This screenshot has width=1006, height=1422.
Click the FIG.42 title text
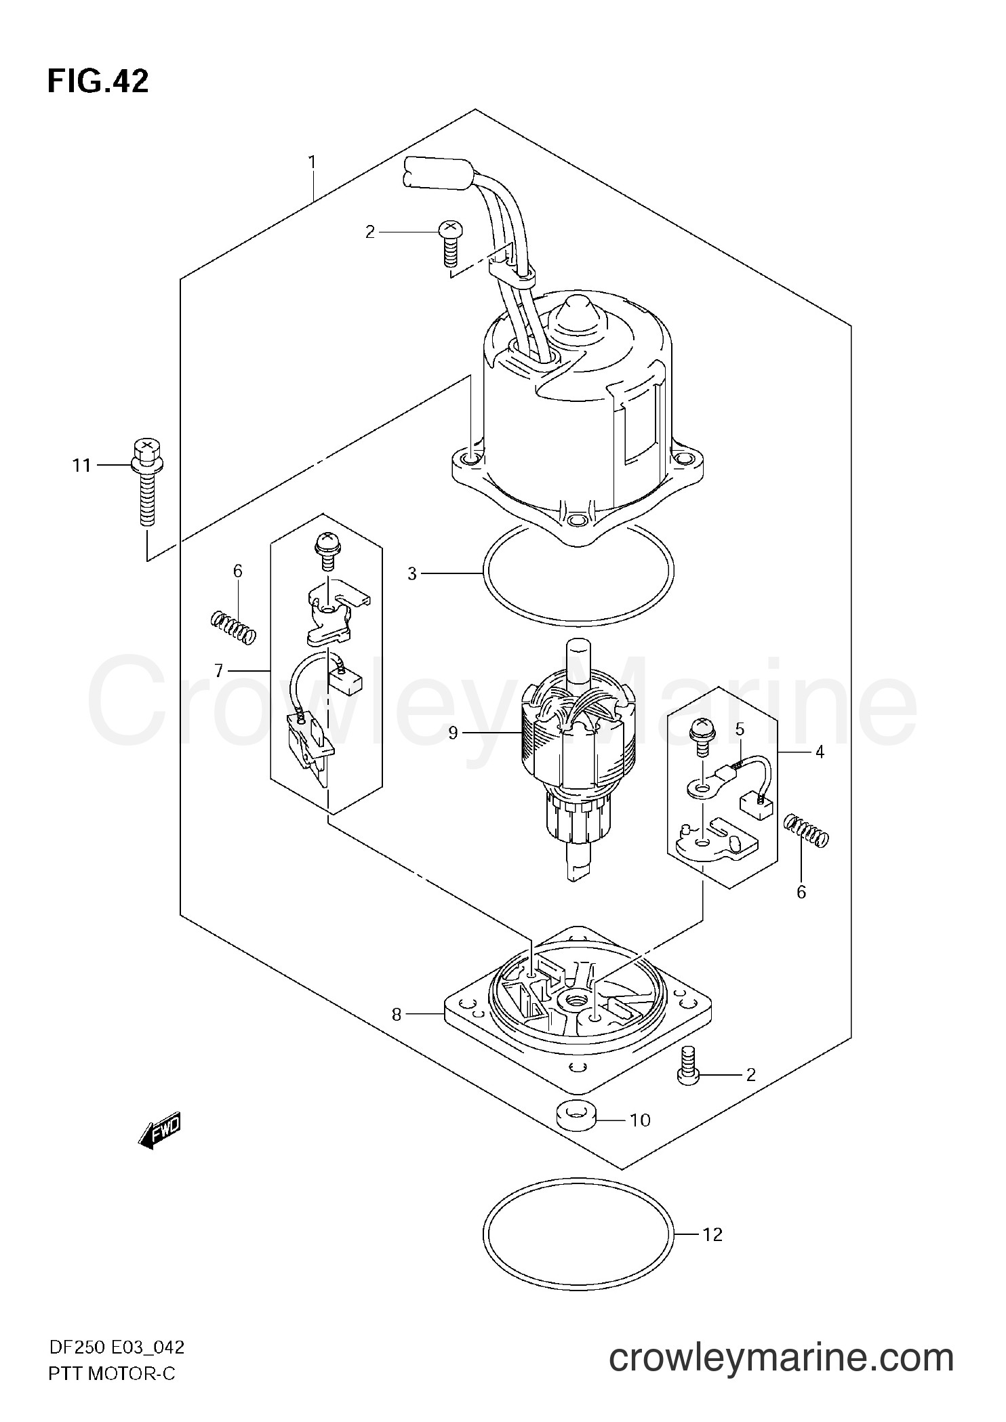click(98, 81)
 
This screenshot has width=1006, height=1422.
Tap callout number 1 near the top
click(312, 163)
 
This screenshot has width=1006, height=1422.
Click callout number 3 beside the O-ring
click(411, 574)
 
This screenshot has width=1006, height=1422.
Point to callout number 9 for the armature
click(454, 733)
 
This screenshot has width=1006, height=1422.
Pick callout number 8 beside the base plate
click(397, 1033)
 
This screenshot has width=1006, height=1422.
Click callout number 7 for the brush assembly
click(218, 671)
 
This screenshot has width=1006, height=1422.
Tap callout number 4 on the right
click(820, 752)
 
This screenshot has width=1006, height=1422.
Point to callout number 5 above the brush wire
click(740, 730)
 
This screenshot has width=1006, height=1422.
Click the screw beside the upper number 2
click(448, 245)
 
